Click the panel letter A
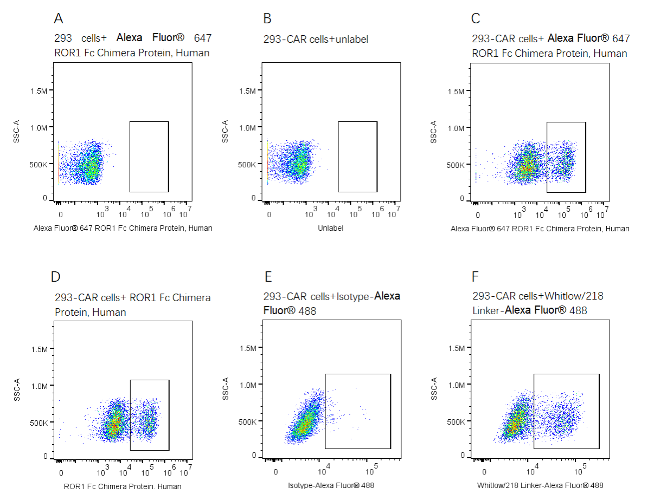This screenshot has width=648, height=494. coord(59,18)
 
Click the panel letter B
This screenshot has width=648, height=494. coord(267,18)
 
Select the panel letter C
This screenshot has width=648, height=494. coord(476,18)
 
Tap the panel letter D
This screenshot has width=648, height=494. coord(55,277)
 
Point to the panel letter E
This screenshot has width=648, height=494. coord(267,277)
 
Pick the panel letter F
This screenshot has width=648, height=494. coord(476,277)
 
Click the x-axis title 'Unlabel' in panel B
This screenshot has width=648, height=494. coord(331,228)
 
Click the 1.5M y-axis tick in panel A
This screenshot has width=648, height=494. coord(39,90)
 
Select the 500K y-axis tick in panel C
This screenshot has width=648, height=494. coord(456,165)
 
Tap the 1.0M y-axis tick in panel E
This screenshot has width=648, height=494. coord(247,385)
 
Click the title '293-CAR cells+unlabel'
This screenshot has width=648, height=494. coord(316,39)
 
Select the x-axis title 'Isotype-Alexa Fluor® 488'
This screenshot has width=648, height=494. coord(331,485)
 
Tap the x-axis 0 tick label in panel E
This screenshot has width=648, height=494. coord(276,472)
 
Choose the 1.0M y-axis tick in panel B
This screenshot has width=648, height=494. coord(247,128)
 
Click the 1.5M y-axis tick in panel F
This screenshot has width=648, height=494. coord(456,349)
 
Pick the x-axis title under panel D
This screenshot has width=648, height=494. coord(123,486)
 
